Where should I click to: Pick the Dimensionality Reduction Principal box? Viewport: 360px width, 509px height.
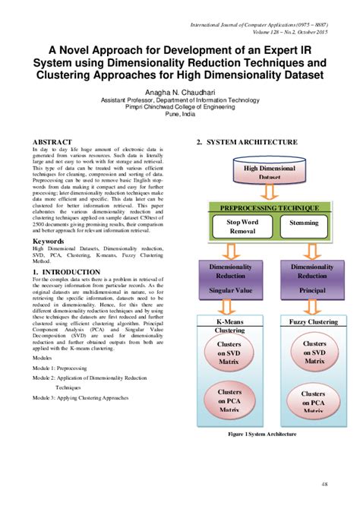(x=312, y=277)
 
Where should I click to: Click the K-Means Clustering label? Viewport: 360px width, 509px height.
(x=229, y=326)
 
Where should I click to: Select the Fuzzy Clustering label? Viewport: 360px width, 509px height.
(x=313, y=322)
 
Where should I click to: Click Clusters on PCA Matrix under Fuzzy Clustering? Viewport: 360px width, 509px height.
(x=313, y=401)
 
